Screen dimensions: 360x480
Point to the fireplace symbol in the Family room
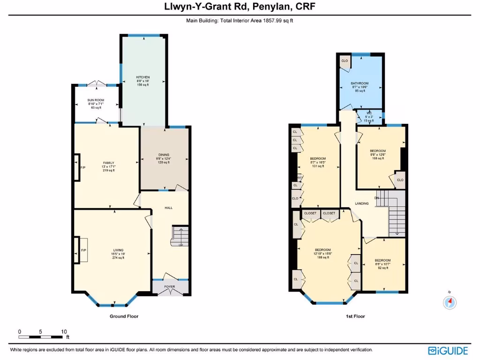coord(77,167)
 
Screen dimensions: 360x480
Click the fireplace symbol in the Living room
coord(77,251)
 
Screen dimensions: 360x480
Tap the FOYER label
coord(169,286)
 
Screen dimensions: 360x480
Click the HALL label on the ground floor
coord(169,207)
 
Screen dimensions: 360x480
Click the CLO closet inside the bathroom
coord(344,61)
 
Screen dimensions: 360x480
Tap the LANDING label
coord(361,203)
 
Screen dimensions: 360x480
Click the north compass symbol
coord(450,302)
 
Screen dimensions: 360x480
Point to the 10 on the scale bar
coord(64,331)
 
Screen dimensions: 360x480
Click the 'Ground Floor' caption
coord(124,316)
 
